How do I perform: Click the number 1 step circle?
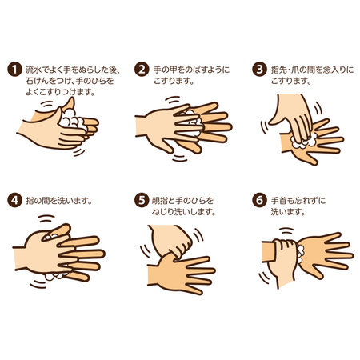click(14, 70)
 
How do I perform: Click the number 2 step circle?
click(142, 70)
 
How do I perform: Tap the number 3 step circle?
click(259, 70)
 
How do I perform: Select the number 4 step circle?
click(14, 200)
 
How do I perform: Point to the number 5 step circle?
click(142, 200)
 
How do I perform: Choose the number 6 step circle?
click(259, 200)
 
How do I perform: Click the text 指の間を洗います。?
click(59, 201)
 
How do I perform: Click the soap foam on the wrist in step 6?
click(301, 254)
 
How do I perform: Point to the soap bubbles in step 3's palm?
click(304, 142)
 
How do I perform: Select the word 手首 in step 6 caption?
click(277, 201)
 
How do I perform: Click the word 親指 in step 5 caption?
click(158, 201)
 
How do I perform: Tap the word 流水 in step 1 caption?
click(32, 70)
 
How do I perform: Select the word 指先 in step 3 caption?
click(277, 70)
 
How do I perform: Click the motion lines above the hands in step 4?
click(46, 218)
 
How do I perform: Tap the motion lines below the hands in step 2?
click(179, 158)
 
